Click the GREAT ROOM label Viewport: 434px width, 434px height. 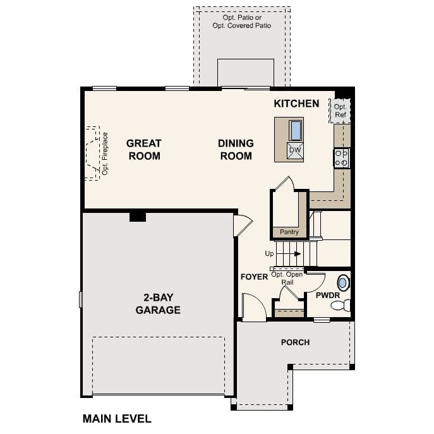(144, 150)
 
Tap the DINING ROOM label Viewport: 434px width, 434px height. (236, 150)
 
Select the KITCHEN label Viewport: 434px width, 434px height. (296, 103)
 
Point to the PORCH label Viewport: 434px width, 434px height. (295, 342)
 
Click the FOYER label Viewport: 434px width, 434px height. (254, 277)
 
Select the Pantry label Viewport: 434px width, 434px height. (289, 232)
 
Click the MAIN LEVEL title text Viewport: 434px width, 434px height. (117, 418)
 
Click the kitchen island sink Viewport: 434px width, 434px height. (296, 130)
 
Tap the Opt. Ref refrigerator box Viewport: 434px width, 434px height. (340, 111)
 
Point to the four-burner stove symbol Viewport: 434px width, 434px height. (341, 158)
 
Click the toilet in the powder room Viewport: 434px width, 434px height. (342, 306)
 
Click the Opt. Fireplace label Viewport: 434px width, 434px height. (105, 153)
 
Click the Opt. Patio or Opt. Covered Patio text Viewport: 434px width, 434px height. (242, 21)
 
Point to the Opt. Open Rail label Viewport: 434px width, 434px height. (287, 278)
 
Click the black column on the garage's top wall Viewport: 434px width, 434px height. (138, 217)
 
